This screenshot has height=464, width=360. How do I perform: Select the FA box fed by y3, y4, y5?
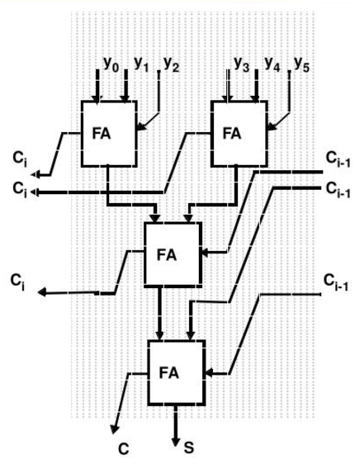pyautogui.click(x=238, y=133)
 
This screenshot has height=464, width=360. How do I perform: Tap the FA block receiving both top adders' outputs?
pyautogui.click(x=173, y=252)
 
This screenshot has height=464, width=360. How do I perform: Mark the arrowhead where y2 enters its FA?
pyautogui.click(x=138, y=128)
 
